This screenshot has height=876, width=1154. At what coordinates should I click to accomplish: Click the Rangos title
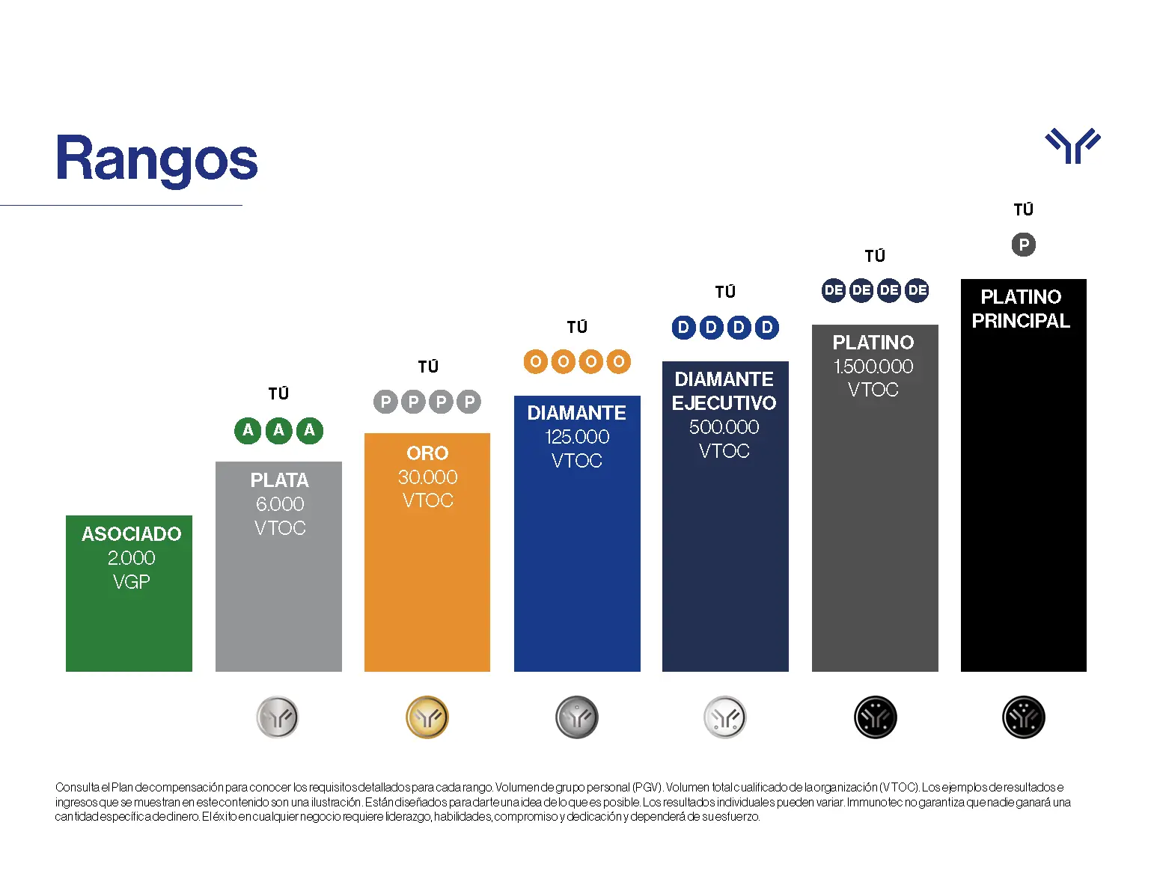156,159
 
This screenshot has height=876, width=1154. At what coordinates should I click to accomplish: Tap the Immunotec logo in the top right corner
1072,145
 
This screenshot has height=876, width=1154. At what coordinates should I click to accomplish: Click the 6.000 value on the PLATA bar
280,504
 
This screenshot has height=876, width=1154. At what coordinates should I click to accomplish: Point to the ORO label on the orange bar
427,453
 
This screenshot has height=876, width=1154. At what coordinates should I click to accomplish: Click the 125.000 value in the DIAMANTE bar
577,437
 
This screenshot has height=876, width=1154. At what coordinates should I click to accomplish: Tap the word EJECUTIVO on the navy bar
724,403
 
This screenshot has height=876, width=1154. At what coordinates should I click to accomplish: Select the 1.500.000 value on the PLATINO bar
873,367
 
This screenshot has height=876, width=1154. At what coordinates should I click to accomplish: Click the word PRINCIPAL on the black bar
1021,321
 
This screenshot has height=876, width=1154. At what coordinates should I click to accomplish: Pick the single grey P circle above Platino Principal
1023,245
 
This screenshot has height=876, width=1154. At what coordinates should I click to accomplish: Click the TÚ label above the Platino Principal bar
1023,209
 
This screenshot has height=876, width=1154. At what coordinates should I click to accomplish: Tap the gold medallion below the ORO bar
427,717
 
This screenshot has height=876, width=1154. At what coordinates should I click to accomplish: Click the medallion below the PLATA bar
278,717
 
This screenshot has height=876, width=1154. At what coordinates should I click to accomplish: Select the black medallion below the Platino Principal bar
1023,717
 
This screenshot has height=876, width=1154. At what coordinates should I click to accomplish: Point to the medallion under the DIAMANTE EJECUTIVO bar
725,717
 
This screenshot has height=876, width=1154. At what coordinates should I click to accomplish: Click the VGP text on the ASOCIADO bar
131,582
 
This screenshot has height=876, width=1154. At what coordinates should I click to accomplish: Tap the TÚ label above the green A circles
278,393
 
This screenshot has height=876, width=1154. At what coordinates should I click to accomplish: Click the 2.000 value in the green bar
131,558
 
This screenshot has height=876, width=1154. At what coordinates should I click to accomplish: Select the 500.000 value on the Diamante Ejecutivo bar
724,427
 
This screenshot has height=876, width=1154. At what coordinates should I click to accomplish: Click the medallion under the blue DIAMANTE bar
577,717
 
